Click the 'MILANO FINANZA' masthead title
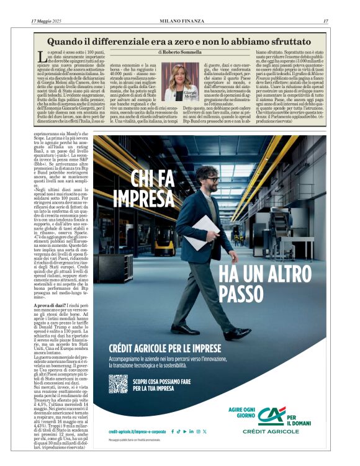[x=180, y=20]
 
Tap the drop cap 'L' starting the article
[x=42, y=56]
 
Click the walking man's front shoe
[x=185, y=329]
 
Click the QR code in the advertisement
[x=118, y=384]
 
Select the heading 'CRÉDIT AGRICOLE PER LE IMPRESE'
[x=164, y=348]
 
